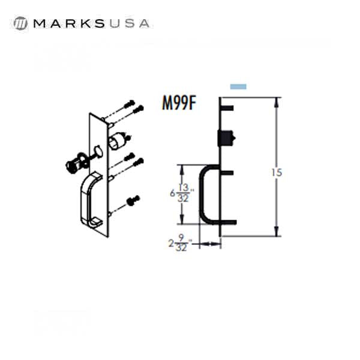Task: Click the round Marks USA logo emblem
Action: (x=20, y=23)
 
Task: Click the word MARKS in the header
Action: (x=69, y=23)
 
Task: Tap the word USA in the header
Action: (x=130, y=23)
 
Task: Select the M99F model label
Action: (x=179, y=103)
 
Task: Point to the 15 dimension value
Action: (x=277, y=173)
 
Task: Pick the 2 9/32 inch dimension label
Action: (x=181, y=243)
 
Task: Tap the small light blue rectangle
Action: (x=238, y=86)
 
